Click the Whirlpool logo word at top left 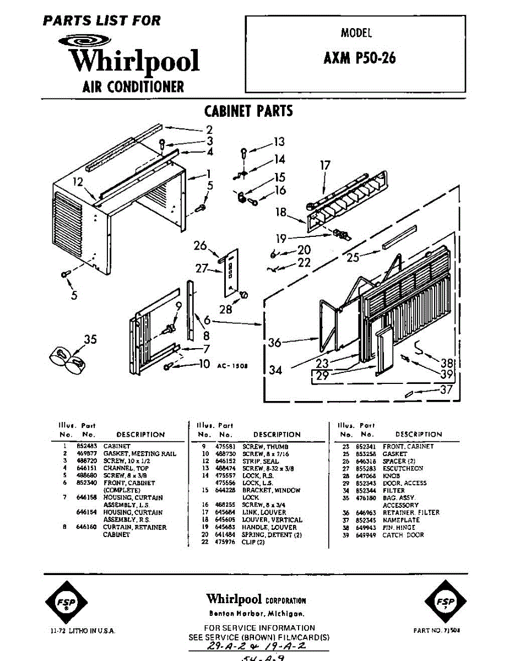[x=134, y=61]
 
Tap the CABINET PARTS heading [x=248, y=111]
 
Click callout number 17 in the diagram [x=325, y=164]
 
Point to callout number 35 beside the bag [x=90, y=339]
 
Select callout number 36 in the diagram [x=274, y=343]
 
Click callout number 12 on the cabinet [x=78, y=182]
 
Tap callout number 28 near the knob [x=226, y=310]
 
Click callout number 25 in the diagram [x=353, y=257]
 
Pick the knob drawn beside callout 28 [x=242, y=296]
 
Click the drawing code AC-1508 [x=230, y=365]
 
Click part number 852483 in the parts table [x=85, y=446]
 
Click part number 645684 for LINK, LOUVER [x=224, y=512]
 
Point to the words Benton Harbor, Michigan [x=256, y=613]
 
